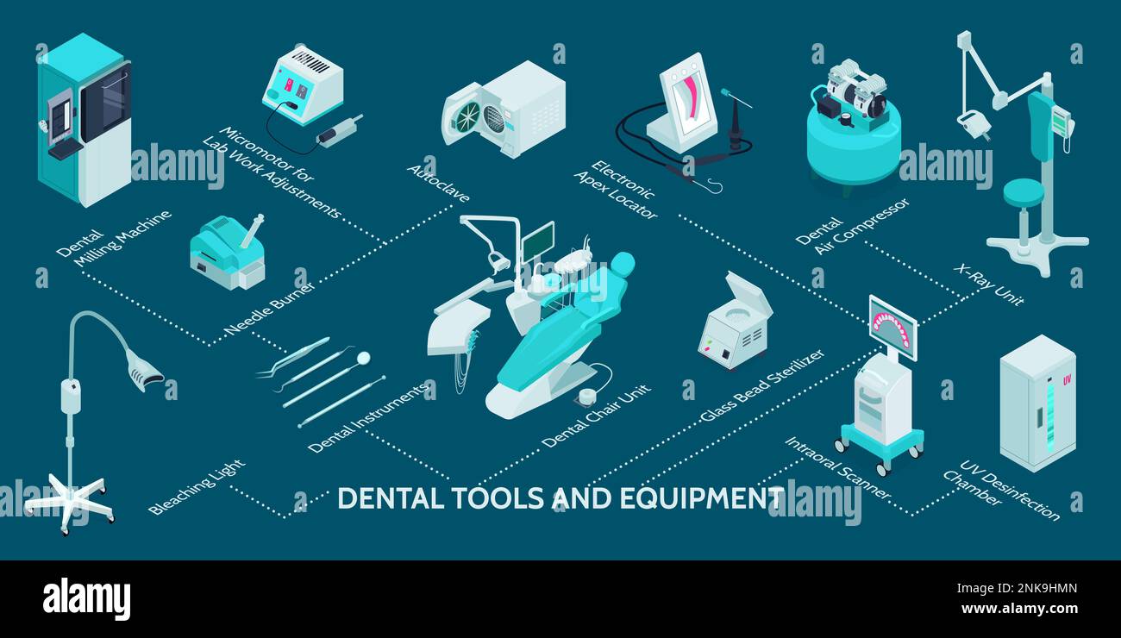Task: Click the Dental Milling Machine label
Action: pyautogui.click(x=113, y=237)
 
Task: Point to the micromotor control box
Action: pyautogui.click(x=302, y=86)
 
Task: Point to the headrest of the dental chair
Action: pyautogui.click(x=621, y=263)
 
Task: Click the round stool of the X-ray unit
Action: pyautogui.click(x=1023, y=191)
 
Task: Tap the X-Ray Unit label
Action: pyautogui.click(x=989, y=285)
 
